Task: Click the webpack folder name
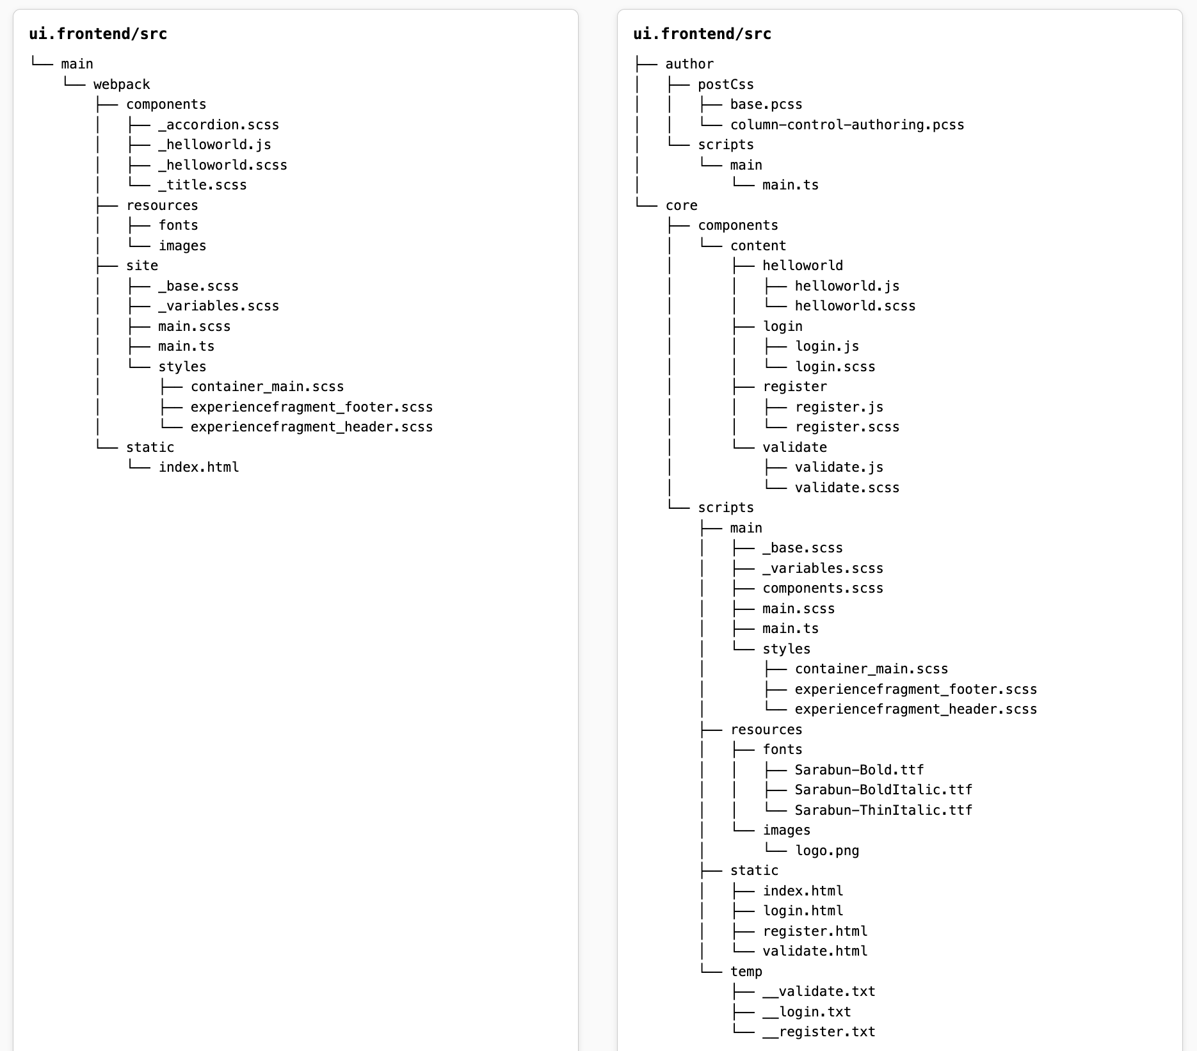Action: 122,84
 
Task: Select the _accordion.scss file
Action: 218,125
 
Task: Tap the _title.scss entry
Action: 202,185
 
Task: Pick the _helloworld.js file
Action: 214,145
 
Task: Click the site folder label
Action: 141,266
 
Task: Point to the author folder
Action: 689,64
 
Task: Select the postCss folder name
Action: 725,84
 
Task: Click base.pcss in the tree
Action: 766,104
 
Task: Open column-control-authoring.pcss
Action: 846,125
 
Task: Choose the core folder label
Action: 681,205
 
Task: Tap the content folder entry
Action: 758,246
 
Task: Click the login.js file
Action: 826,346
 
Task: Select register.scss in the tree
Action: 846,427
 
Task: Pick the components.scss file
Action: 823,588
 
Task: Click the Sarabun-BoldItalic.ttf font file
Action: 883,790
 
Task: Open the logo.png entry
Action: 826,851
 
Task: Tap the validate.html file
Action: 814,951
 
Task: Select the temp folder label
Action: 746,972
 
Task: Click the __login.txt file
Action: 807,1012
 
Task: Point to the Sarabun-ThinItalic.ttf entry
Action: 883,810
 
